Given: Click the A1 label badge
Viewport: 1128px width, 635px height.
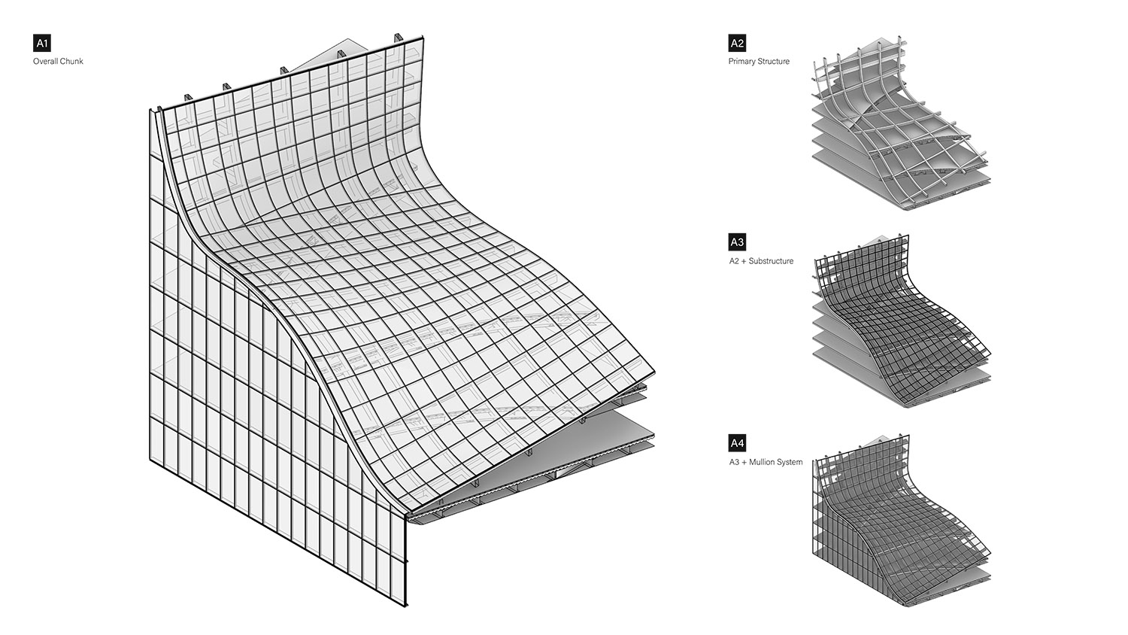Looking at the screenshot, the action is coord(41,43).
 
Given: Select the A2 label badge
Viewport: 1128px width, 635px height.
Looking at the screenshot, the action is coord(737,43).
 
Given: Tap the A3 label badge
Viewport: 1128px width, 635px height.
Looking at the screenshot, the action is coord(737,242).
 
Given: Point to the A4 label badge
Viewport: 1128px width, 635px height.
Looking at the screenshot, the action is coord(737,443).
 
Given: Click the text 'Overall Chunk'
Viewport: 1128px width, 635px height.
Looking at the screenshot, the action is coord(58,61).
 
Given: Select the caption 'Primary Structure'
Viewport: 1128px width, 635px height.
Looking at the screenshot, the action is coord(759,61).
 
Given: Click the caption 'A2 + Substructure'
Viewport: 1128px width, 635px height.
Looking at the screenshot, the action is coord(761,261).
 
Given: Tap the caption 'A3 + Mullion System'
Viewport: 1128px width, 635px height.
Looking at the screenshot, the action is coord(766,462).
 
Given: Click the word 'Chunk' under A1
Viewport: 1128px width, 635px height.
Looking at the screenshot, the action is coord(71,61).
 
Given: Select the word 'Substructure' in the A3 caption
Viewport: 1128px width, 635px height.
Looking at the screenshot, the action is coord(772,261).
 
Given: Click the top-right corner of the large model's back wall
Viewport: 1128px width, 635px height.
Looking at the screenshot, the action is coord(423,37).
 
